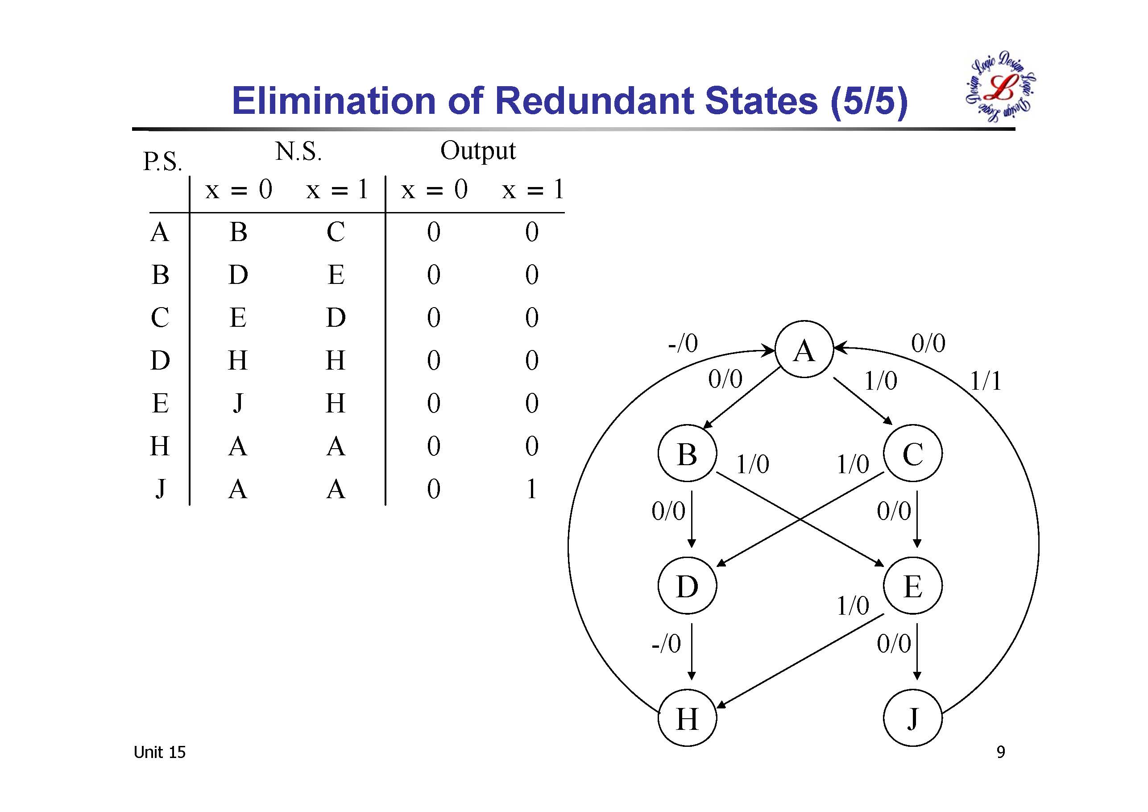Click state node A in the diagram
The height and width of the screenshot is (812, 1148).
(x=804, y=349)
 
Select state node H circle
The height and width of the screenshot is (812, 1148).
(x=687, y=718)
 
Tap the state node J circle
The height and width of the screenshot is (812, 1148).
(x=912, y=718)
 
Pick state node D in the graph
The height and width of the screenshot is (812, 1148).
(x=687, y=585)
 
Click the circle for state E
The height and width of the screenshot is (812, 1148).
(x=912, y=585)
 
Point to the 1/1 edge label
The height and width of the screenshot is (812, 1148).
(x=986, y=381)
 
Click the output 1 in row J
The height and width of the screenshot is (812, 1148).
(x=531, y=489)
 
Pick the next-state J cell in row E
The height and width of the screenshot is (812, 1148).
(x=238, y=403)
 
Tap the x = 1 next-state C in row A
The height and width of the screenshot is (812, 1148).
(x=336, y=232)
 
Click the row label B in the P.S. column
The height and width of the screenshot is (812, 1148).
(x=160, y=275)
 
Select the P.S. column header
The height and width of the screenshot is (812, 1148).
(x=162, y=161)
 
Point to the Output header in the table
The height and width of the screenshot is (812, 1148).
(x=477, y=150)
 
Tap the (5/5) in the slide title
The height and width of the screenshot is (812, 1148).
(x=869, y=101)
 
